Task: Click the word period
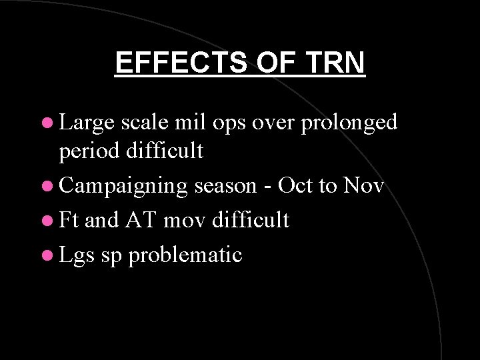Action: coord(89,152)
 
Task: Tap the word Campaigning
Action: coord(124,187)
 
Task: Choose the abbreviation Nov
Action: coord(363,186)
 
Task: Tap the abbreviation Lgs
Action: coord(77,255)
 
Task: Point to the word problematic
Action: coord(185,255)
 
